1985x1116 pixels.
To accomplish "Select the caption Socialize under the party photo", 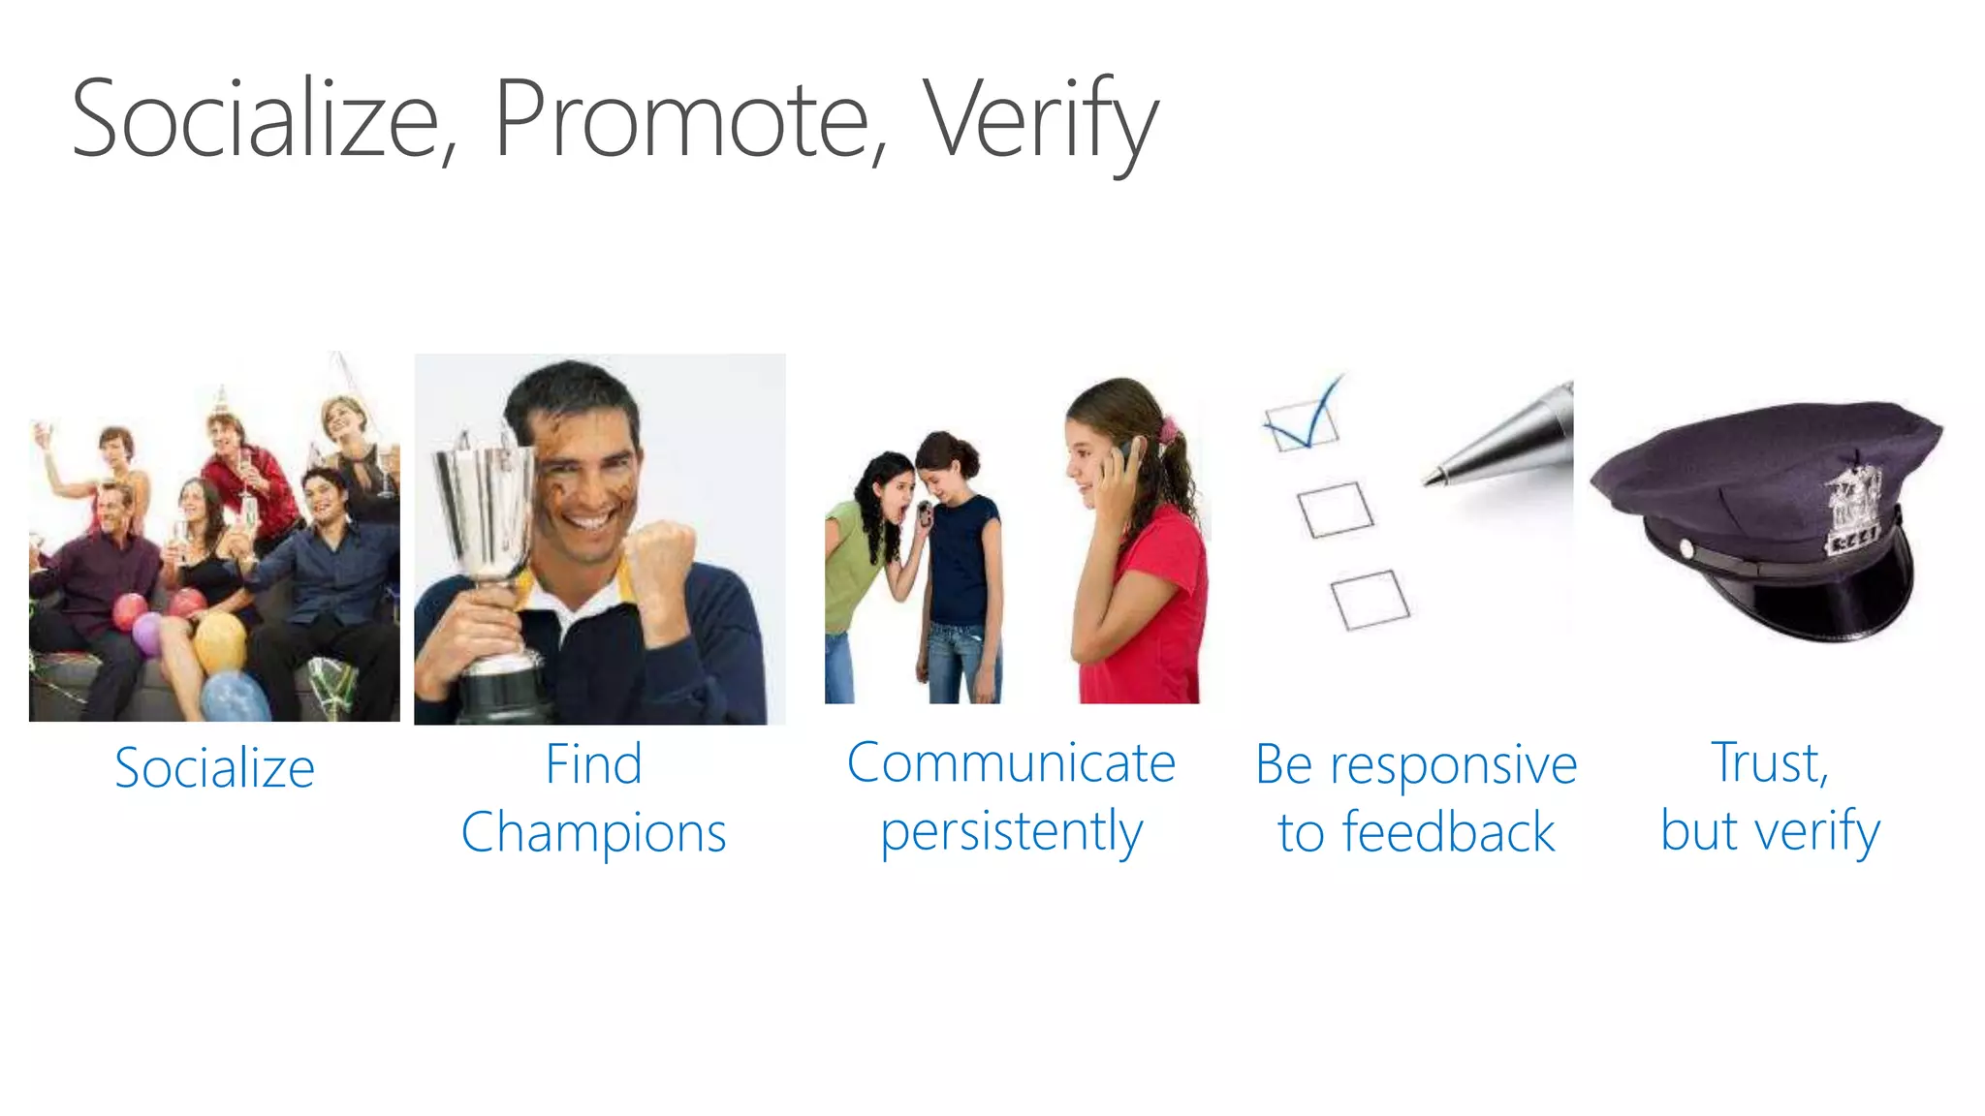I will [x=214, y=768].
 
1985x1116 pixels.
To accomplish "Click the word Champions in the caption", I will [x=593, y=833].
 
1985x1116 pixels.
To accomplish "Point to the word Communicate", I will [x=1011, y=763].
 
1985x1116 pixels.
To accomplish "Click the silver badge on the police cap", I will [x=1852, y=509].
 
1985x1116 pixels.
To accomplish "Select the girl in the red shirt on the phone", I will [x=1136, y=542].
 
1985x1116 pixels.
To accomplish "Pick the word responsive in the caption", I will [x=1453, y=765].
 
